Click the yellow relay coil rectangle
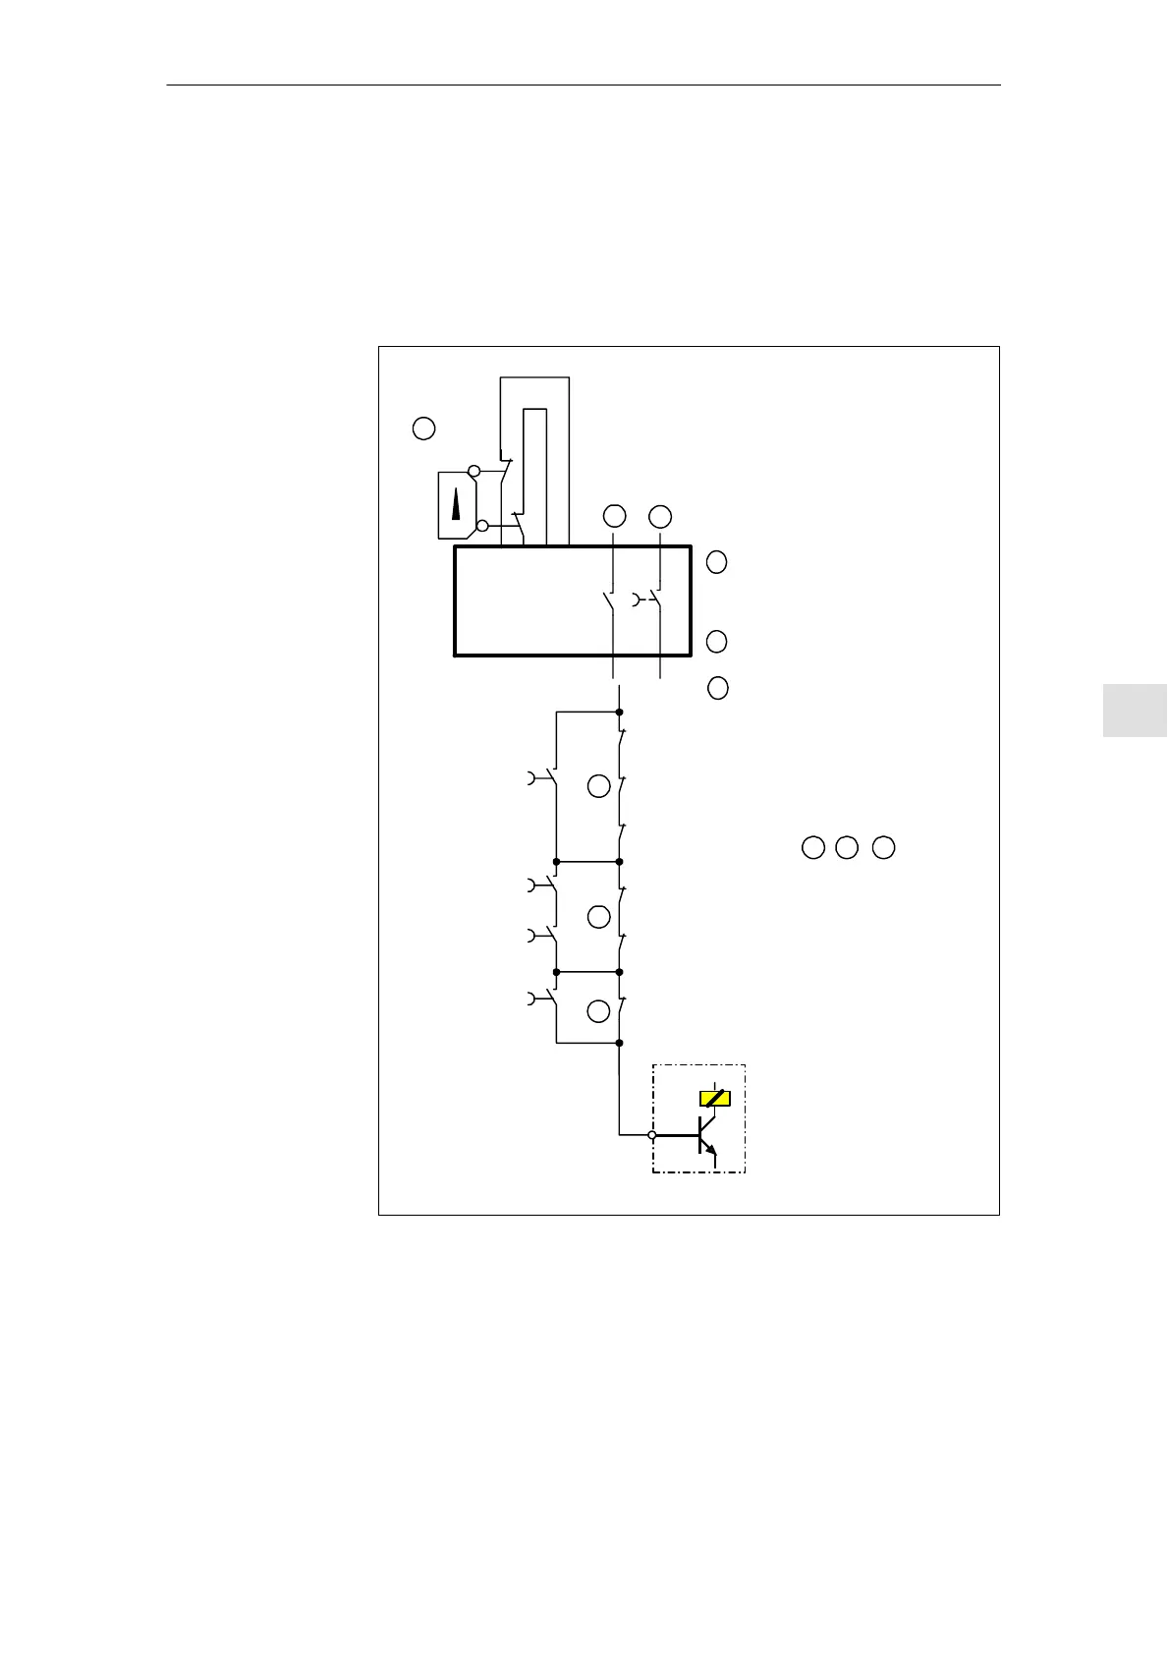714,1098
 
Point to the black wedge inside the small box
456,506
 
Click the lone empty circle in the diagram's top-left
423,428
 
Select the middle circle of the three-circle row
846,847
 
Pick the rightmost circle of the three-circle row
884,847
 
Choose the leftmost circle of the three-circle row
812,847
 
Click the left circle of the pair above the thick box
614,515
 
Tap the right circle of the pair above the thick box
660,515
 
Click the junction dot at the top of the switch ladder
619,712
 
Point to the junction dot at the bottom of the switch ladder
619,1042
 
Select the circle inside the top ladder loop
598,785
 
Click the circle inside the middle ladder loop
598,917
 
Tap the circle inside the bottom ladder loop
598,1011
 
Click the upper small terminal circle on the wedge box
473,472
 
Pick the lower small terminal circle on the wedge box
481,526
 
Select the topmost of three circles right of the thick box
717,562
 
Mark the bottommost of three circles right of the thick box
718,688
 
